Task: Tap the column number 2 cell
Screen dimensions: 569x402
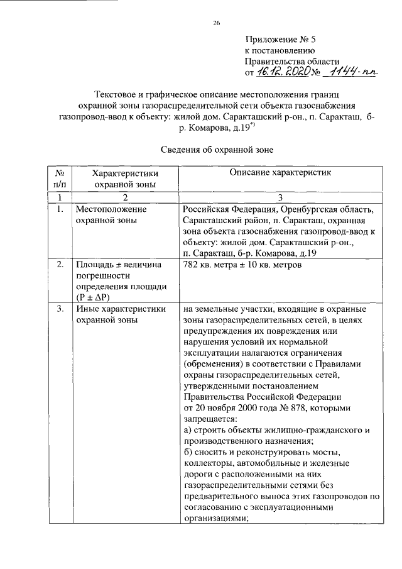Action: (x=125, y=197)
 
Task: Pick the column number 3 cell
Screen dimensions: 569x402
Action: (x=281, y=197)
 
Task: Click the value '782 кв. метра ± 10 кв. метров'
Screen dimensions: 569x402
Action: (x=242, y=265)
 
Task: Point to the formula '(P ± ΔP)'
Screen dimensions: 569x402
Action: (x=93, y=296)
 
